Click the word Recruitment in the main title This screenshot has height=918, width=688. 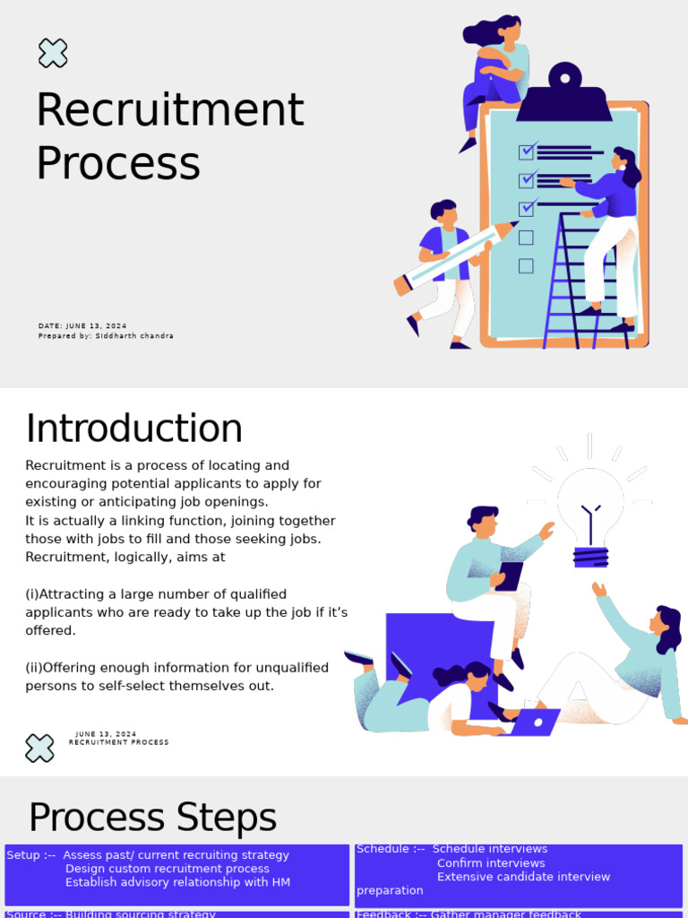(170, 110)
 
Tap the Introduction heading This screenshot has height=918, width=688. (134, 429)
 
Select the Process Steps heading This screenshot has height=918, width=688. (152, 818)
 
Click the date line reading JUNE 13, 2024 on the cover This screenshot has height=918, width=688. (82, 326)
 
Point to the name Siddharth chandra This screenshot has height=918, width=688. (134, 336)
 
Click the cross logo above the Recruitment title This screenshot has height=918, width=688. (53, 53)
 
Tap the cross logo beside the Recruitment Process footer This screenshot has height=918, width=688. (39, 748)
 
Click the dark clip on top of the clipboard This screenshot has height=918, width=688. (563, 95)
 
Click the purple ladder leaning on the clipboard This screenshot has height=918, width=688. (573, 287)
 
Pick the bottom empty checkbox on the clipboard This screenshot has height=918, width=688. (526, 266)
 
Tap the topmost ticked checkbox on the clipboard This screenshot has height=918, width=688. (527, 151)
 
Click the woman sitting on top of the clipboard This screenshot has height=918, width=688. (494, 72)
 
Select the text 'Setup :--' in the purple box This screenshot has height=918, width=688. (30, 855)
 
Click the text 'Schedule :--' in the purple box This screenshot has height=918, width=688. (391, 849)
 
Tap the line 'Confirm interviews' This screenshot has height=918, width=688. (491, 863)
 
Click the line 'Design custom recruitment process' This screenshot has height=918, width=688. (168, 869)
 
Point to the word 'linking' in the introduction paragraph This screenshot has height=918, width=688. (134, 521)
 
